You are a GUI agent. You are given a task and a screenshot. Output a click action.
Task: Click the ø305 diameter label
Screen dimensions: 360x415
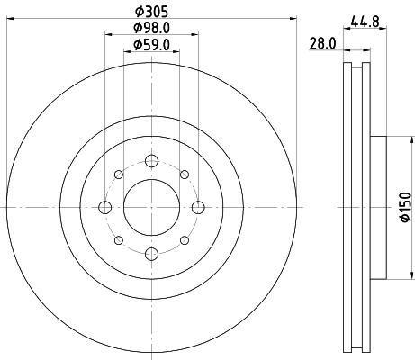(x=150, y=13)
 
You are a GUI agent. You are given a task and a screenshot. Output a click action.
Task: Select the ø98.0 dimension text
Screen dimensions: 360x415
(x=150, y=28)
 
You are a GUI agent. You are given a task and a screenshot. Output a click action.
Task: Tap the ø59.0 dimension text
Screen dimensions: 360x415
(x=150, y=44)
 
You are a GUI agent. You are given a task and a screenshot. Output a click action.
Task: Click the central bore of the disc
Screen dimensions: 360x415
(x=150, y=208)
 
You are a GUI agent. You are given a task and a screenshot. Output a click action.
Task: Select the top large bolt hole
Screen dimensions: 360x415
(x=150, y=162)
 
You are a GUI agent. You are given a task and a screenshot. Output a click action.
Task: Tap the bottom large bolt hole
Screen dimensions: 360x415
(x=150, y=254)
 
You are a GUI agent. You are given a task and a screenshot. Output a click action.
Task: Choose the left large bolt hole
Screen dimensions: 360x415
(x=104, y=208)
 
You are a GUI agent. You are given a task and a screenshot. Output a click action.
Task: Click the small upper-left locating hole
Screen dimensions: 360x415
(x=118, y=175)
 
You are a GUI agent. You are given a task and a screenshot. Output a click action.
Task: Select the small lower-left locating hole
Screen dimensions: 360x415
(x=118, y=240)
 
